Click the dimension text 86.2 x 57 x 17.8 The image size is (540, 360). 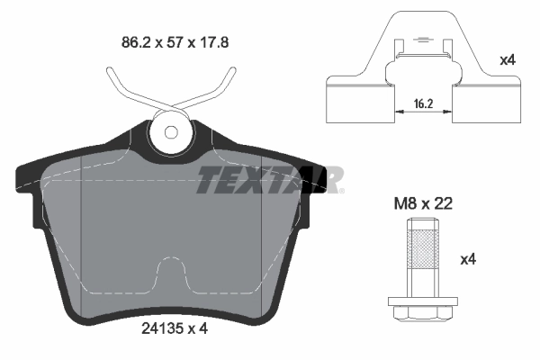click(x=170, y=40)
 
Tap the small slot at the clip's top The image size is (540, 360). click(x=421, y=40)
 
